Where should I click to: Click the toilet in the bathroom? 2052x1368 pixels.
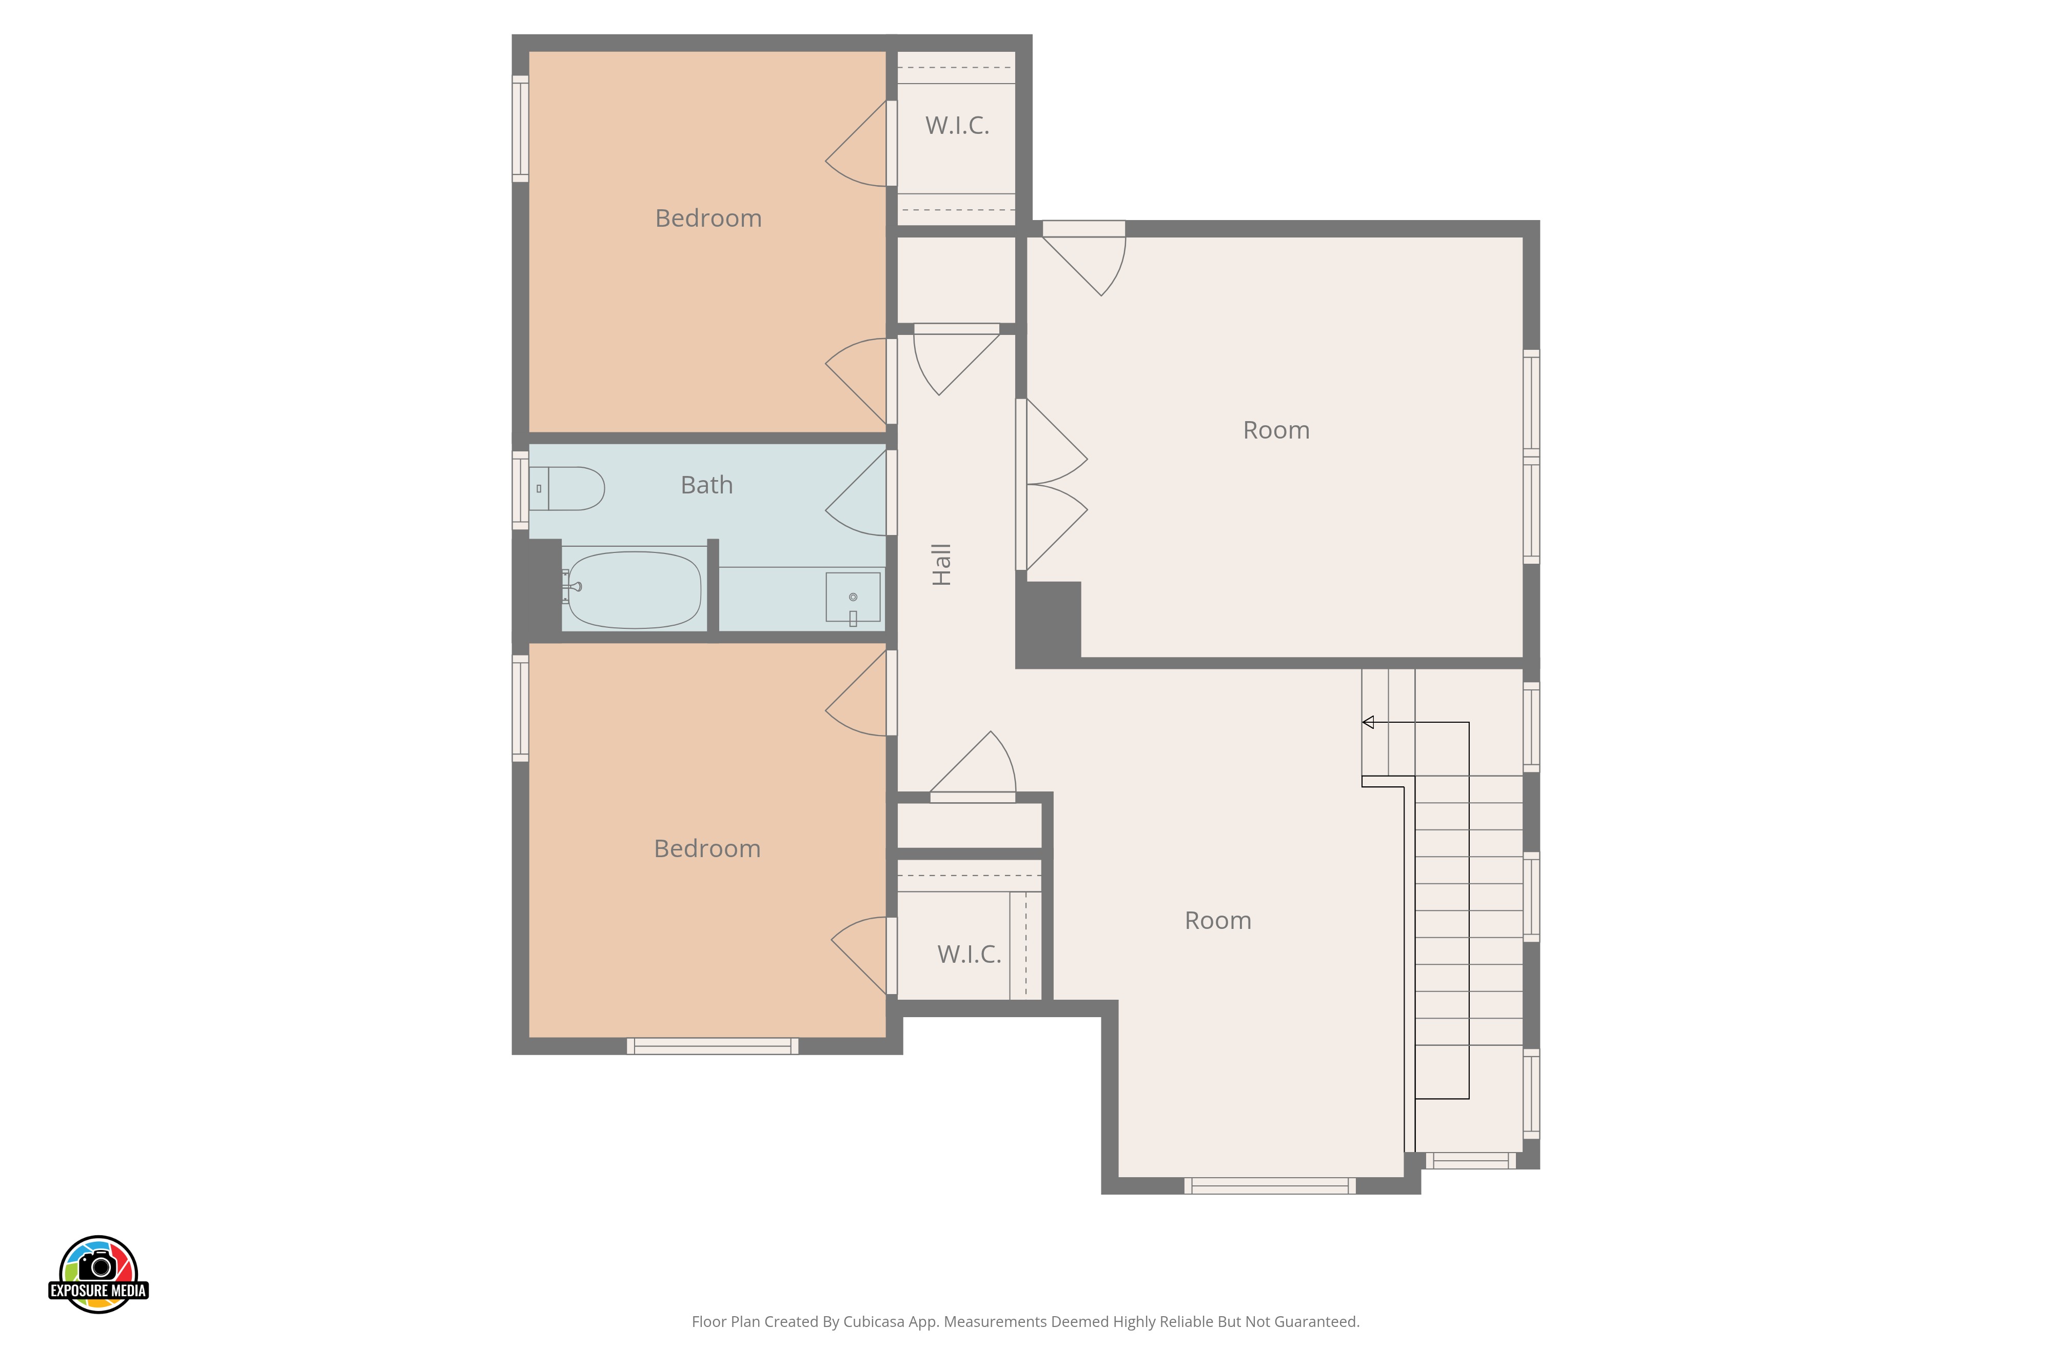point(567,488)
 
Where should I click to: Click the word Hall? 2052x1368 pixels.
point(941,564)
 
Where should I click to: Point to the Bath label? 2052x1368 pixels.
point(707,485)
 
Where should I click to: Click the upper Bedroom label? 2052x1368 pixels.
point(708,218)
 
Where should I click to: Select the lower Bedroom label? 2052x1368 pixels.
point(707,849)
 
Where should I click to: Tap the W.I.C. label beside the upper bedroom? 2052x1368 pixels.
point(957,126)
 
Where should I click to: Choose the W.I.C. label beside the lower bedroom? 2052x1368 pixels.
point(969,955)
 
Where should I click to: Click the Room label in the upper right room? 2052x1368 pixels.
point(1276,430)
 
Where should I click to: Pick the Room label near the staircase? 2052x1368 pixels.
point(1218,920)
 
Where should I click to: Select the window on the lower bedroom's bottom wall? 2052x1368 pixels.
point(712,1046)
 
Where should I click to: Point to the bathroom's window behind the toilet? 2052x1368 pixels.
point(520,490)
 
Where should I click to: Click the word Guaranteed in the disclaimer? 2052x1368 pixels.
point(1316,1322)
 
